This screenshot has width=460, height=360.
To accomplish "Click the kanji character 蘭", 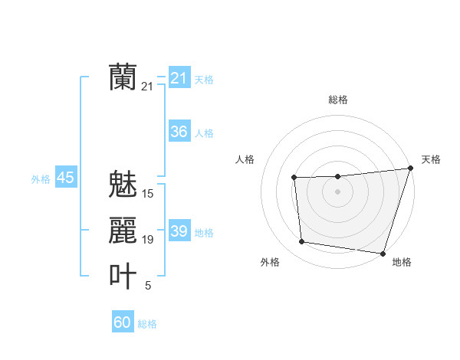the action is pos(123,77).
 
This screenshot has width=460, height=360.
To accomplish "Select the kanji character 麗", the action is pos(123,231).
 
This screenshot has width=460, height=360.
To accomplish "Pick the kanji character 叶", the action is pos(123,277).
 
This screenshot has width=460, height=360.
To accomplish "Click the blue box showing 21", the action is pos(179,78).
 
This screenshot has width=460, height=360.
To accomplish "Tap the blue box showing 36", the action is pos(179,132).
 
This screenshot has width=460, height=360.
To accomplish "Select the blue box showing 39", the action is pos(179,231).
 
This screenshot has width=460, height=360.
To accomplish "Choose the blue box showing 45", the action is pos(65,178).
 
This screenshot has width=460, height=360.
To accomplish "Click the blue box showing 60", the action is pos(123,322).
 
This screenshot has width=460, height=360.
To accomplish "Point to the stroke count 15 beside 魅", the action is pos(148,194).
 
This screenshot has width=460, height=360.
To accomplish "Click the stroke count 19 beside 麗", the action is pos(148,240).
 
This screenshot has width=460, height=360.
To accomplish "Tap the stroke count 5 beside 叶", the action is pos(148,286).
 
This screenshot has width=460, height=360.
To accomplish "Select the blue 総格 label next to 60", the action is pos(147,324).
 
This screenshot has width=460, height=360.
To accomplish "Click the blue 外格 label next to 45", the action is pos(41,179).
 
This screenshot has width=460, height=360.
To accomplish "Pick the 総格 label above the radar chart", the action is pos(338,100).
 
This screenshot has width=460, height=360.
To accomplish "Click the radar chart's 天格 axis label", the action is pos(431,159).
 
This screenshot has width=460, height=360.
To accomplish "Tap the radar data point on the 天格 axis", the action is pos(410,169).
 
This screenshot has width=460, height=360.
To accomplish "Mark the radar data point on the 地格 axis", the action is pos(383,253).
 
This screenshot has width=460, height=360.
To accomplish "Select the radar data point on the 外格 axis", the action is pos(302,242).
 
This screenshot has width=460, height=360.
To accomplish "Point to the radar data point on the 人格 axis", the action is pos(294,178).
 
